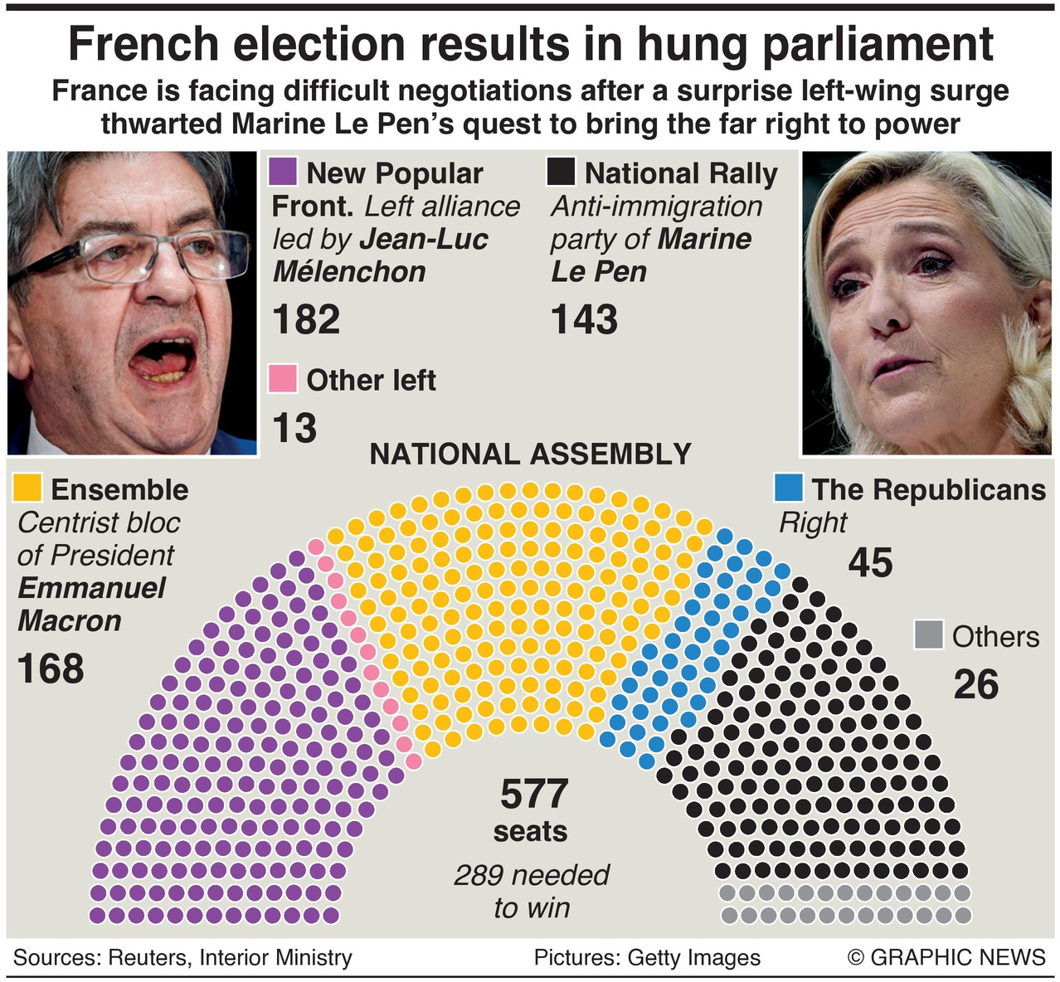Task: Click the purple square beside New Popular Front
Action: point(283,173)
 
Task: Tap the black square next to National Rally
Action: point(562,173)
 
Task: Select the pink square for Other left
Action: point(283,379)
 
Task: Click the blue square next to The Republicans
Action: point(788,488)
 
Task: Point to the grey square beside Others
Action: point(929,635)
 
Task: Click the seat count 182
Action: point(306,319)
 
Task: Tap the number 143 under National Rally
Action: point(584,319)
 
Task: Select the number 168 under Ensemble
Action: point(51,668)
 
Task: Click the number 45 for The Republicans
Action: point(870,563)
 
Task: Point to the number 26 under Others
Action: point(975,684)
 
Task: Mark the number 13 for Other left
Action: point(294,428)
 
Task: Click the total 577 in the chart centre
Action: point(533,795)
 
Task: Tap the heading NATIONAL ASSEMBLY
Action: point(530,455)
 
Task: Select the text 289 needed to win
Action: point(532,891)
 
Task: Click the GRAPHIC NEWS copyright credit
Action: point(946,957)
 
